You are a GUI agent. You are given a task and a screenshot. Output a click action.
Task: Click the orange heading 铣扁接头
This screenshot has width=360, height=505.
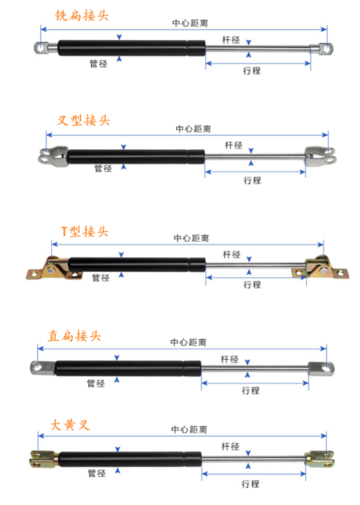pos(82,16)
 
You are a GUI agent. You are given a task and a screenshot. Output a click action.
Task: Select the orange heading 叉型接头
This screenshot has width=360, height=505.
pos(84,121)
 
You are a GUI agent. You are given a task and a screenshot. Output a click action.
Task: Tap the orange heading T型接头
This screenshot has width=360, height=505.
pos(85,232)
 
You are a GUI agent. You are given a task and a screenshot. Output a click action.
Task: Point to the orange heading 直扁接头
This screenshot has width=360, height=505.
pos(75,336)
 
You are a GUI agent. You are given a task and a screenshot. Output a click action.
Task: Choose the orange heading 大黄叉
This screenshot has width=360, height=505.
pos(70,425)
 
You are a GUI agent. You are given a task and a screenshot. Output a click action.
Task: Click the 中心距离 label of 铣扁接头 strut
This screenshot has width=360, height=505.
pos(190,23)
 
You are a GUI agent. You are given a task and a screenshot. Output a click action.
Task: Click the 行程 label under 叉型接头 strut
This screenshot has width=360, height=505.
pos(252,180)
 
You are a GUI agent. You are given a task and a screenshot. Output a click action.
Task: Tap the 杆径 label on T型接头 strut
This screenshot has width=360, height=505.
pos(232,255)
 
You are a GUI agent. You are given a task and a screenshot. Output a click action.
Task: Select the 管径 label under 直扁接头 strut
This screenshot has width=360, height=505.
pos(96,383)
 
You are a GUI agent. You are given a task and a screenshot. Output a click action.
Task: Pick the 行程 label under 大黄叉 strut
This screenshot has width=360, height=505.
pos(250,483)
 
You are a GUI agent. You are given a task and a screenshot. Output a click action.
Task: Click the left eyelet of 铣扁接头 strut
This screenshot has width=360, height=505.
pos(42,48)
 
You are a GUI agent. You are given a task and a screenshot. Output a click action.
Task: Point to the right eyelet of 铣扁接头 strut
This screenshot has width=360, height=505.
pos(326,49)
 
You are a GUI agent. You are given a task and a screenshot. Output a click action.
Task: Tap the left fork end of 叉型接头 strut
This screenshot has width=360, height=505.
pos(54,156)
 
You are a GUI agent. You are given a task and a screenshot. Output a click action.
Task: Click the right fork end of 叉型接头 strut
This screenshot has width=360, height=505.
pos(321,156)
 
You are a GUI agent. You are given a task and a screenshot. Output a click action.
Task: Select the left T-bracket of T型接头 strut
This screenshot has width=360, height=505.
pos(54,268)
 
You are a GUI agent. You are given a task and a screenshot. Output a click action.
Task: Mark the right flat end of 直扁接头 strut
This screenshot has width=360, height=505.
pos(321,369)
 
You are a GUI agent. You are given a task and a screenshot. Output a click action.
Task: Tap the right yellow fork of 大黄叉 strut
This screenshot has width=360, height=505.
pos(320,459)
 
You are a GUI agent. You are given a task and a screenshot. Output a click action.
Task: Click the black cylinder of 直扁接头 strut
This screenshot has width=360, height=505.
pos(128,369)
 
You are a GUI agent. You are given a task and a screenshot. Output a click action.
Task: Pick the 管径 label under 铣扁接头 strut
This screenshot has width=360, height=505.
pos(98,63)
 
